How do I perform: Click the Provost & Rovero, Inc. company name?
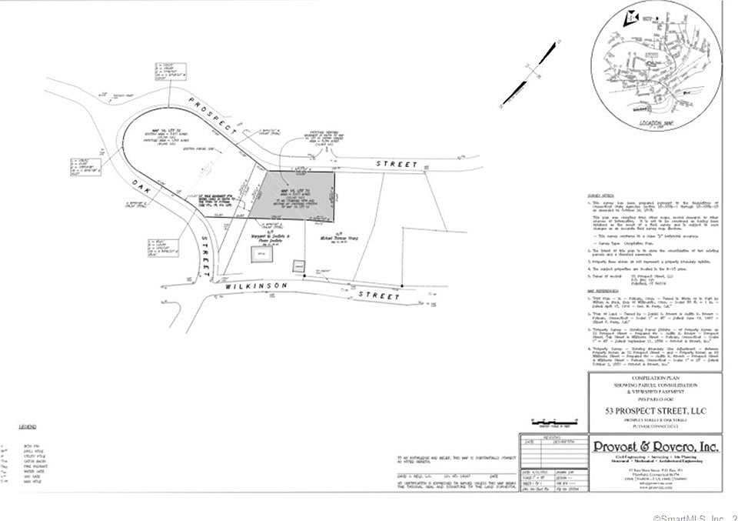point(656,446)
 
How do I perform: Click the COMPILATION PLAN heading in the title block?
point(655,378)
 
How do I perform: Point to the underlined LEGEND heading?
point(28,426)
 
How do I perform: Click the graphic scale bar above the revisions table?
point(552,421)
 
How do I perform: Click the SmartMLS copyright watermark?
point(692,516)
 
